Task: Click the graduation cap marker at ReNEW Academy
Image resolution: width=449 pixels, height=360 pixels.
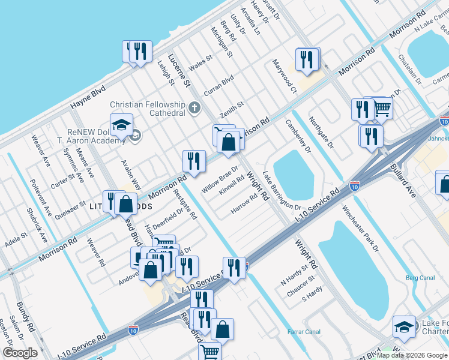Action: [x=121, y=125]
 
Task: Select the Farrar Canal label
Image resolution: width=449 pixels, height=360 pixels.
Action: [x=304, y=331]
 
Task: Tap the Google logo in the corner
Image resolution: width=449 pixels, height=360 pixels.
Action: [x=20, y=353]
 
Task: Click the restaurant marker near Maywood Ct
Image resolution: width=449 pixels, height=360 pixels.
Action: [x=307, y=60]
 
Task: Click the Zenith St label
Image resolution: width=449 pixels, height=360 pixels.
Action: [x=231, y=109]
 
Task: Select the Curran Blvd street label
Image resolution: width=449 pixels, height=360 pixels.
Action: [x=218, y=83]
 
